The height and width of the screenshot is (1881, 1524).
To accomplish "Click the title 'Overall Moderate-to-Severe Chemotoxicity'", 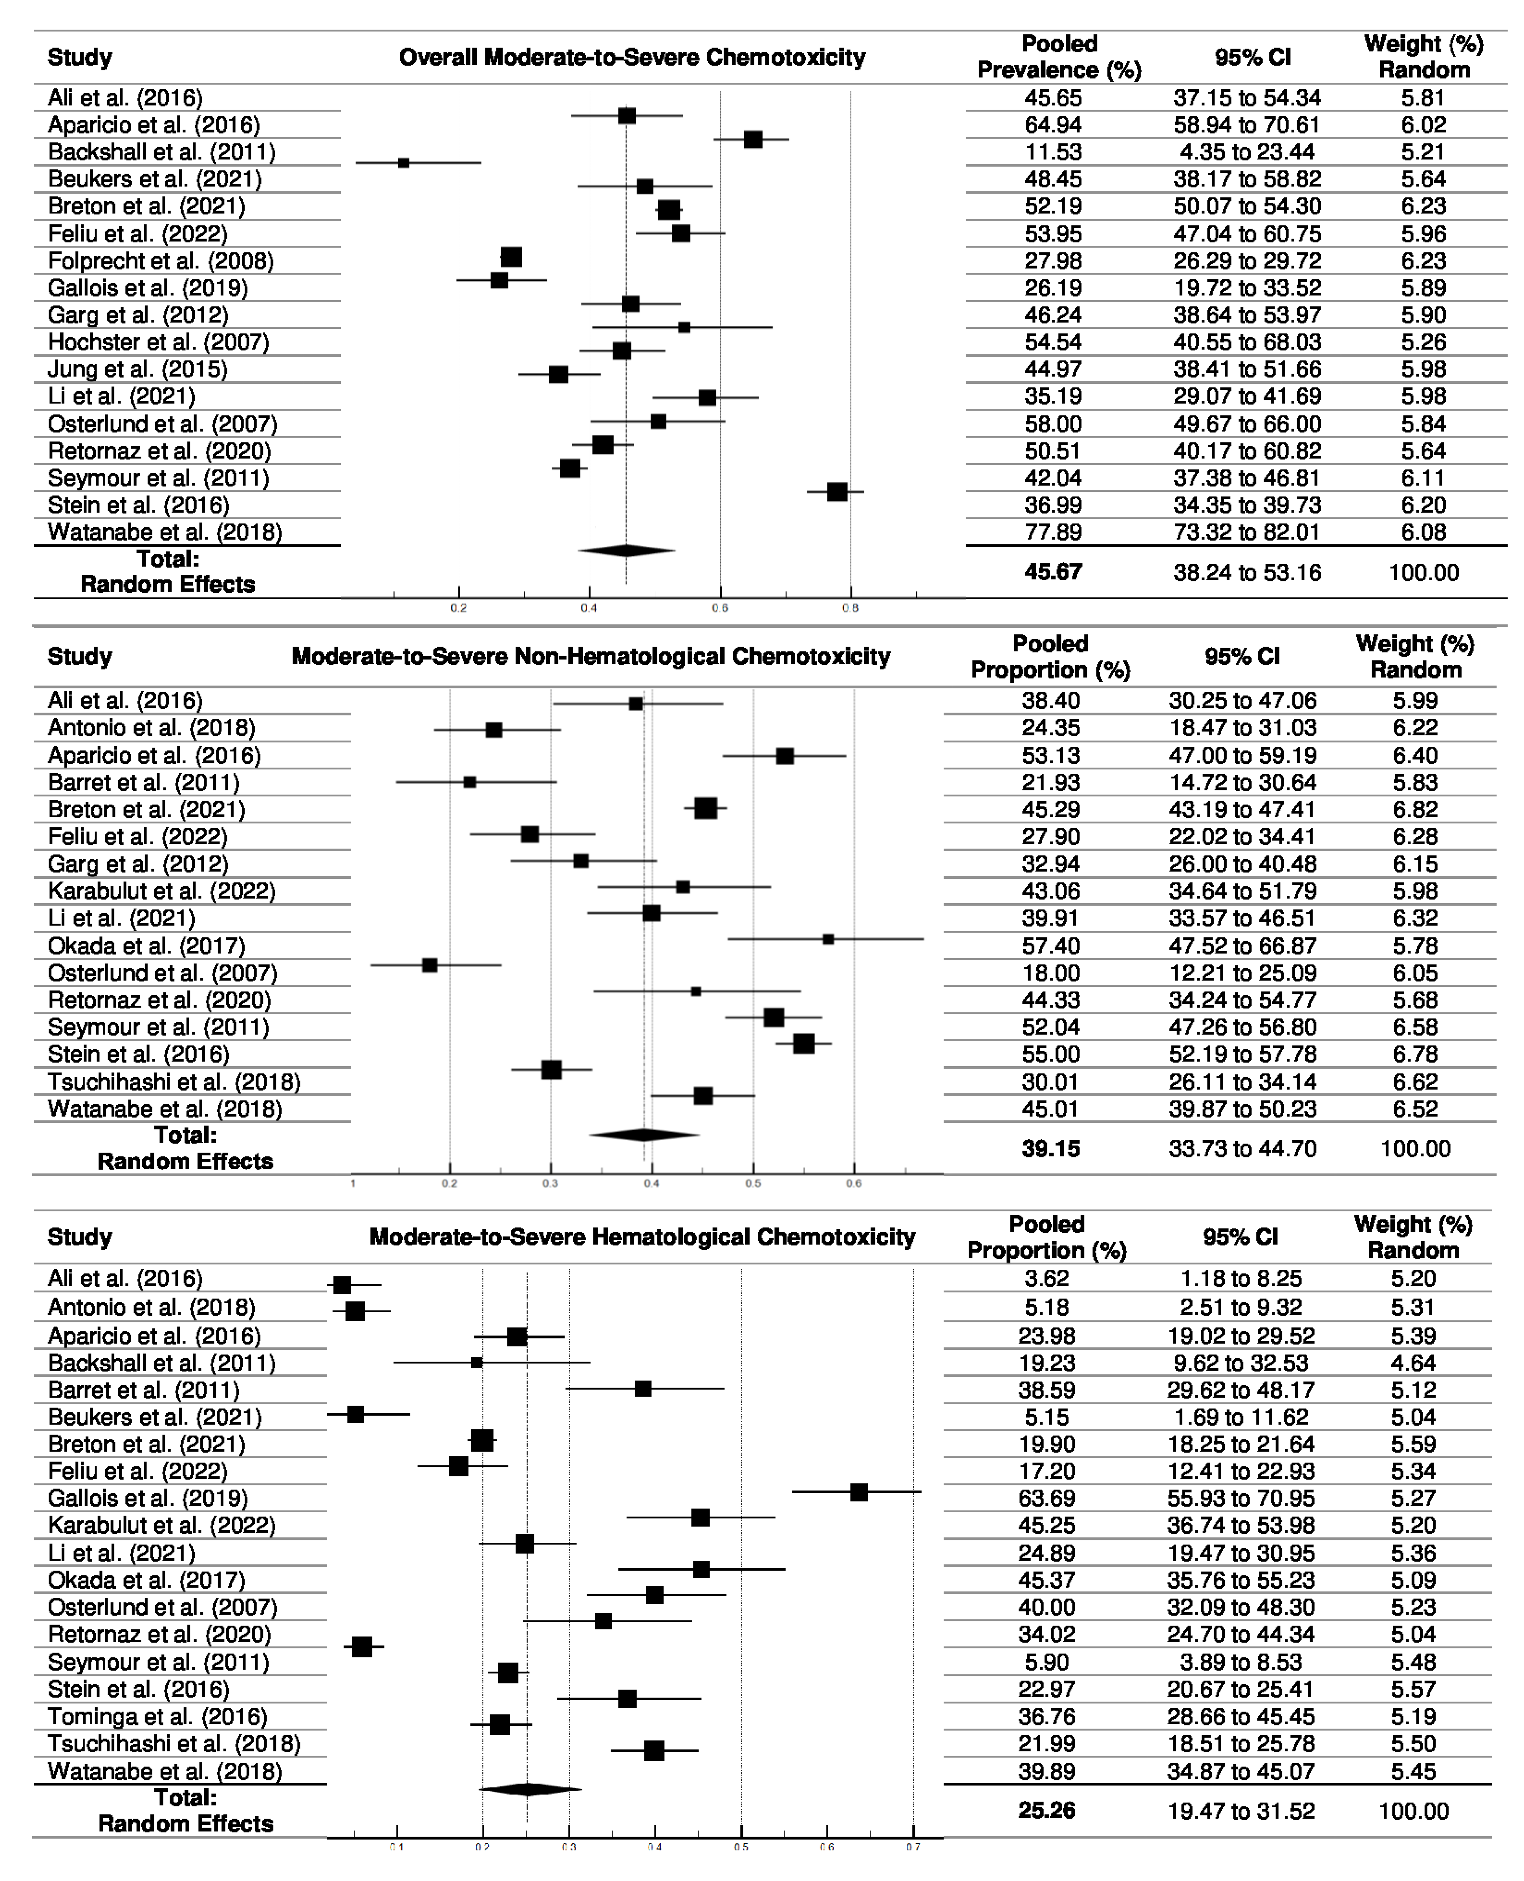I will tap(632, 58).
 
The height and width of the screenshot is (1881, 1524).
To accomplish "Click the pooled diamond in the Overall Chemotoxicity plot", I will tap(626, 551).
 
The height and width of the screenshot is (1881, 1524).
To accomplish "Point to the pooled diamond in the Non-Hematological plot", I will tap(644, 1135).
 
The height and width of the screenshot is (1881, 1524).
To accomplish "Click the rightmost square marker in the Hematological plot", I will tap(858, 1492).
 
